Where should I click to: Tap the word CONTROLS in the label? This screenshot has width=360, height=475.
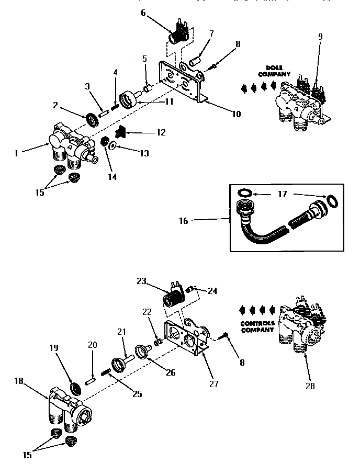[x=257, y=323]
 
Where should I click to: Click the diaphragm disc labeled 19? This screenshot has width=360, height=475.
[x=77, y=388]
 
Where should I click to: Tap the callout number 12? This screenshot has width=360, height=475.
[x=160, y=133]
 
